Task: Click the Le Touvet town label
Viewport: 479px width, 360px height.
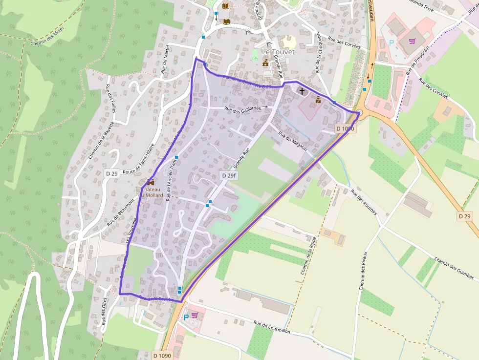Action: (x=279, y=52)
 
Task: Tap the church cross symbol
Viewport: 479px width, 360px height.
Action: (x=302, y=91)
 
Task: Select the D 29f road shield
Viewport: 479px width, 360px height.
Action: (x=228, y=175)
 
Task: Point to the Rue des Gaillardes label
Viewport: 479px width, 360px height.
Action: (x=242, y=108)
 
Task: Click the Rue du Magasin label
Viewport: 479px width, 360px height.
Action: (x=292, y=142)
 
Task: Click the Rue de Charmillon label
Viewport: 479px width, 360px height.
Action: (x=272, y=327)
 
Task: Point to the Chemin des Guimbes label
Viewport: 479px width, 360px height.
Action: (x=454, y=269)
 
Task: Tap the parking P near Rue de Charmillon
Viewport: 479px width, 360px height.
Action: (x=186, y=317)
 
